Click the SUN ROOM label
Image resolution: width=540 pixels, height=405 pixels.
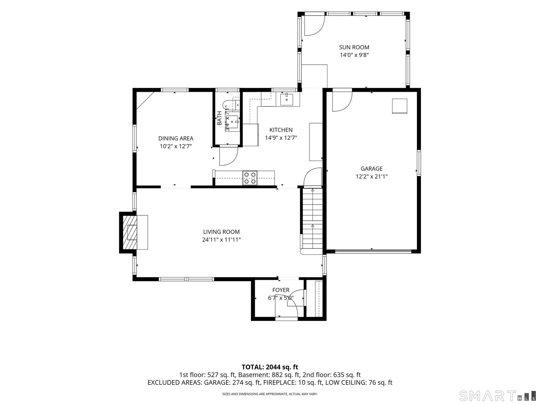click(x=354, y=47)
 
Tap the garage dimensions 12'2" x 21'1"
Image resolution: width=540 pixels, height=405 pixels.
click(x=372, y=176)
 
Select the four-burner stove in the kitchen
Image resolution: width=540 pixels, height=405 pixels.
click(x=250, y=178)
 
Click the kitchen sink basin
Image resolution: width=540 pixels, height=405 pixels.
click(x=287, y=100)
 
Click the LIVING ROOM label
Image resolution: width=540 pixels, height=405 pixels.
click(x=221, y=232)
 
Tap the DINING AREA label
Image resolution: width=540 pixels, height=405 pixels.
click(x=175, y=138)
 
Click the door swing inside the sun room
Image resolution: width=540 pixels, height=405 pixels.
click(x=315, y=26)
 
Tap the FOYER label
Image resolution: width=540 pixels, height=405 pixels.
click(x=281, y=290)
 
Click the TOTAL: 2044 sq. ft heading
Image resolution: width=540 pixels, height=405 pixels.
click(x=270, y=367)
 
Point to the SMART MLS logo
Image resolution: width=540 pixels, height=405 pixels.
click(x=497, y=396)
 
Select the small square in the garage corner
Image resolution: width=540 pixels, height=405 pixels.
click(x=400, y=106)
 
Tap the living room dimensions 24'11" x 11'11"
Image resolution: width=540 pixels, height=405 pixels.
click(x=221, y=240)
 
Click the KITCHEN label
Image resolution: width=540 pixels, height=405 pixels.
click(x=281, y=130)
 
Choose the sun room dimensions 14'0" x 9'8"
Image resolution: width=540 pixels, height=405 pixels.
click(x=354, y=55)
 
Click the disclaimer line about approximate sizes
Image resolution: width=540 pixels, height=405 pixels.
click(x=270, y=394)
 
